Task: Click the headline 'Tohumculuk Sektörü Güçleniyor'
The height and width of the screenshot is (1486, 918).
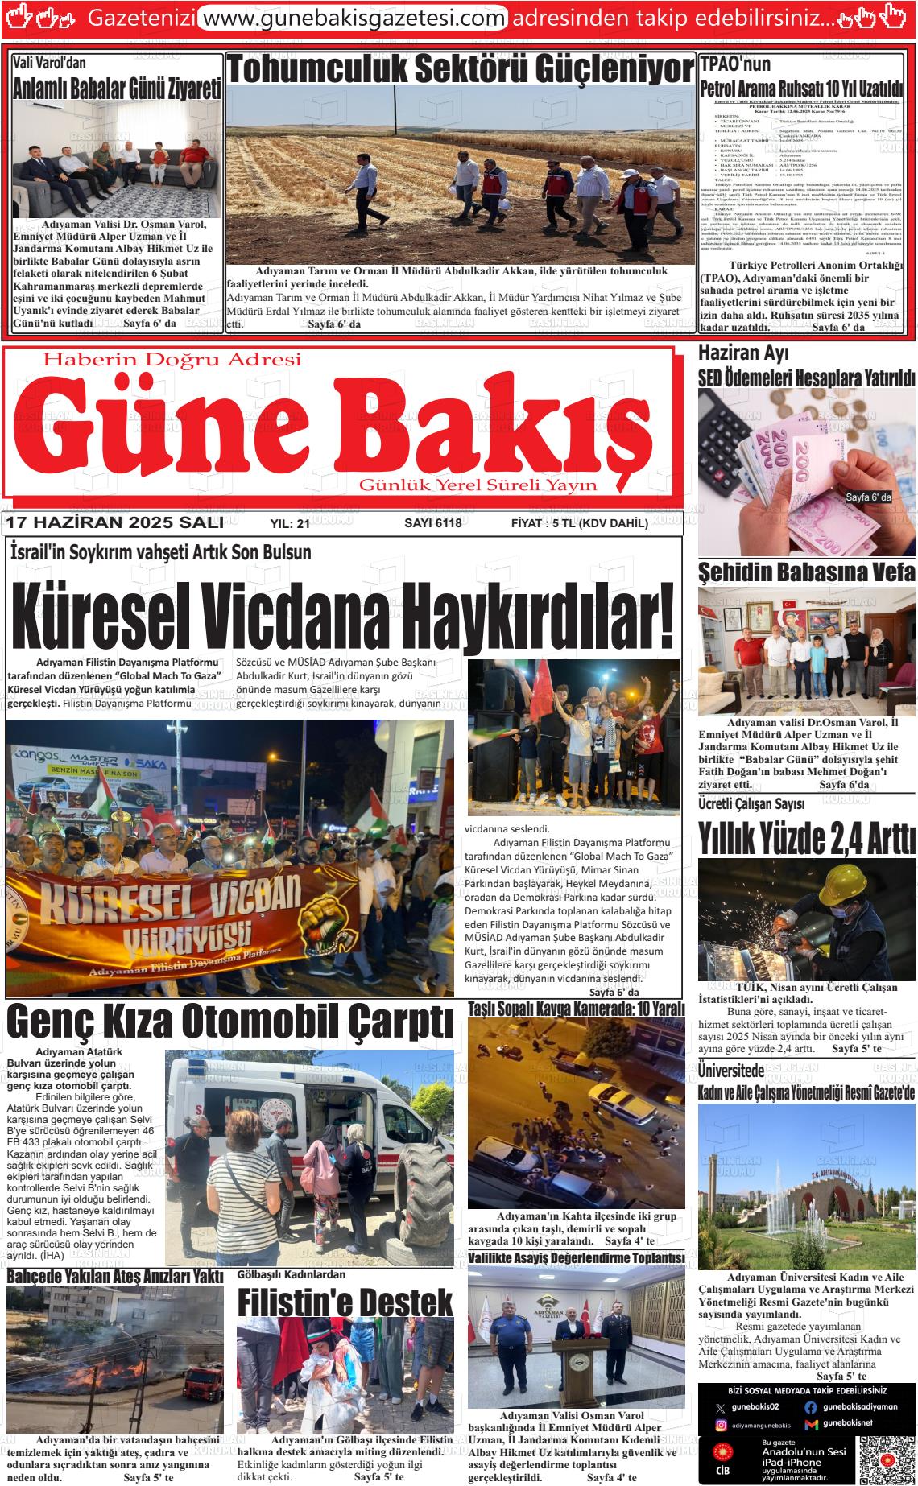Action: (x=461, y=70)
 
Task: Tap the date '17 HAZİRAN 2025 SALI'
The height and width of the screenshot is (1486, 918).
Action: (x=114, y=523)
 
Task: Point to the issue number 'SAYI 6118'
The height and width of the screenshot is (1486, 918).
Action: (x=432, y=523)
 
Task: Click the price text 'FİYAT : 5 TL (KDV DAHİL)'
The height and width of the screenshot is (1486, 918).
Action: (x=579, y=523)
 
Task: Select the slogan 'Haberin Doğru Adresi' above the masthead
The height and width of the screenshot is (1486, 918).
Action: (x=172, y=359)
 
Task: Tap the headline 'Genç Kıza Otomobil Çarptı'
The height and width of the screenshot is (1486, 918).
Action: (x=229, y=1022)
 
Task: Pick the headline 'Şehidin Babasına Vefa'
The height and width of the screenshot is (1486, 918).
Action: (x=806, y=572)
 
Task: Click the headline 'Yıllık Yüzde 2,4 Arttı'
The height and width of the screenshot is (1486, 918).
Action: (x=806, y=840)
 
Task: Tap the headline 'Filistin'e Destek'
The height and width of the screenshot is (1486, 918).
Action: (x=345, y=1302)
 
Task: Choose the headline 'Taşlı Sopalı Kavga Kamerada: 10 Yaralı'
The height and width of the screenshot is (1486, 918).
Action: (x=576, y=1009)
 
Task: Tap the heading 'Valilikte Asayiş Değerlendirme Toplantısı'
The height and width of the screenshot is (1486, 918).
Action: (x=576, y=1258)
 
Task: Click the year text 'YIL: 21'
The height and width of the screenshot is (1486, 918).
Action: (x=290, y=524)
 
